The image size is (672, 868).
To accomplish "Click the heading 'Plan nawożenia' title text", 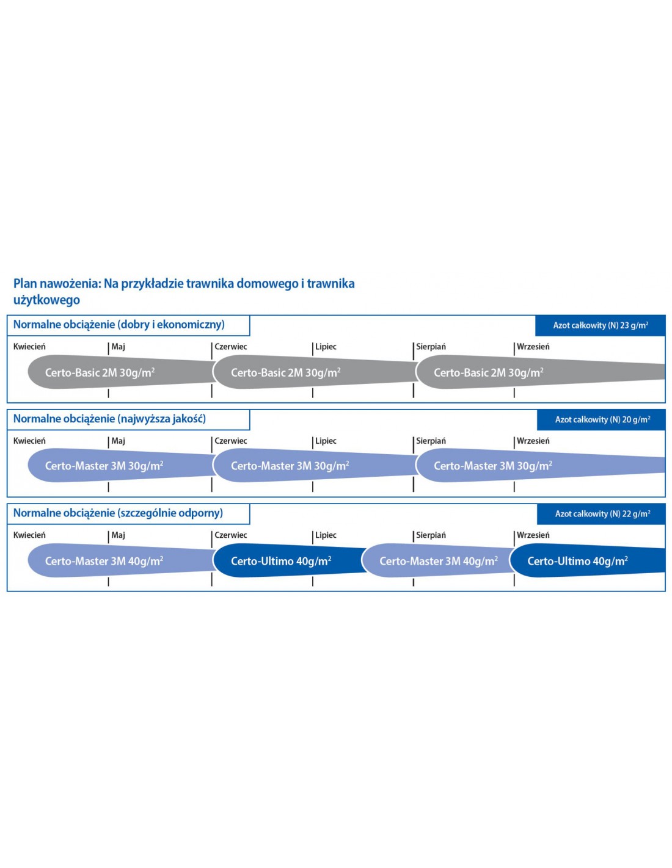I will [x=183, y=291].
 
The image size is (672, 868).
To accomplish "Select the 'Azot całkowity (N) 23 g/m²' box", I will [x=600, y=325].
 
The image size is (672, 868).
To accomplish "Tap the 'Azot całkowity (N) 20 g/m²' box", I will [x=602, y=419].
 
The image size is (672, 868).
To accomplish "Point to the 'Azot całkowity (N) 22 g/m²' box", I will [x=602, y=514].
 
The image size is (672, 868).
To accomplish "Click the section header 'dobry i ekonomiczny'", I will [x=119, y=325].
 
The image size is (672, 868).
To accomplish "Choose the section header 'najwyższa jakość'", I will [x=110, y=419].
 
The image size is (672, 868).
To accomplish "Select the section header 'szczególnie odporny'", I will [x=119, y=513].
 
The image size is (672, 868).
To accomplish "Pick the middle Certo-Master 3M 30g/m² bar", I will [x=290, y=466].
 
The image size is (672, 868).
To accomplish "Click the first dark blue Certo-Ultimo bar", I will [x=281, y=561].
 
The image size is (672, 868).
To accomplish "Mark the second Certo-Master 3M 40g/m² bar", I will [x=438, y=561].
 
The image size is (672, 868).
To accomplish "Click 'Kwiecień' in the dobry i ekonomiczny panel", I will [x=29, y=347].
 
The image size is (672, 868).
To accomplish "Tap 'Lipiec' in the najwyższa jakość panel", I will [x=326, y=441].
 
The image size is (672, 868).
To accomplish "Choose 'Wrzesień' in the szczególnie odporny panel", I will [x=533, y=535].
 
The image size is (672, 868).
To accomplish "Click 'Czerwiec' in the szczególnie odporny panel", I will [x=231, y=535].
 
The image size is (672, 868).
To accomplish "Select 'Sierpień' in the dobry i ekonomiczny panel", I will [x=431, y=347].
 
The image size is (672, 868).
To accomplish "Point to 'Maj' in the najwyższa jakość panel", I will [x=118, y=441].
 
